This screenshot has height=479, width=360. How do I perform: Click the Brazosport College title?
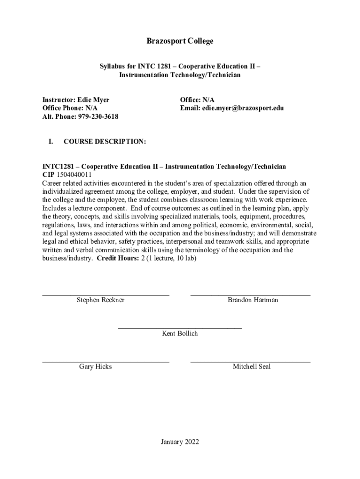click(x=180, y=41)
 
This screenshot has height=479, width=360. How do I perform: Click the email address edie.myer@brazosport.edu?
click(x=243, y=108)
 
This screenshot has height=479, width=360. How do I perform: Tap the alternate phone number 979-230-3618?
click(x=98, y=116)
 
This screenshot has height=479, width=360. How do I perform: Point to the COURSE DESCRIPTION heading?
click(x=105, y=141)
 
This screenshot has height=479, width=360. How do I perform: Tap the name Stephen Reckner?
click(x=101, y=300)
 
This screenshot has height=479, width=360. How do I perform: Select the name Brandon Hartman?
click(x=252, y=300)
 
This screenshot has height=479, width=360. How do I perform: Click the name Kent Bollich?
click(x=180, y=334)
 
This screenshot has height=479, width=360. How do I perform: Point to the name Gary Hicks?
click(x=95, y=367)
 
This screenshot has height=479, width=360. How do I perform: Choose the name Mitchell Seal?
click(x=252, y=367)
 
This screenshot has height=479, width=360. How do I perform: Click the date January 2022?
click(x=180, y=442)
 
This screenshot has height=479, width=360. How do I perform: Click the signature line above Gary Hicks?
click(x=106, y=362)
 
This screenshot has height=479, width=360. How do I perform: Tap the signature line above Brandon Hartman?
click(x=250, y=296)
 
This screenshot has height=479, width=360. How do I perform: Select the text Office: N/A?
click(x=197, y=100)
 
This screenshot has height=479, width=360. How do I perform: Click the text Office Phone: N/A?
click(x=70, y=108)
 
